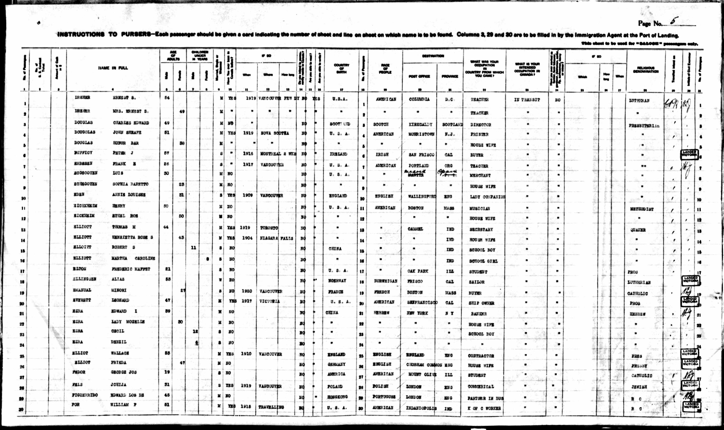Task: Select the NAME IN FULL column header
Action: (113, 68)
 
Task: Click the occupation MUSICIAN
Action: (480, 209)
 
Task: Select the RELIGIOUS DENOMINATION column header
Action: (646, 70)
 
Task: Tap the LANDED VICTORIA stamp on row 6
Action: (689, 155)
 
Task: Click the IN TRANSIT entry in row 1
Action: (527, 100)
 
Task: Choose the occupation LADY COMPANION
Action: (487, 197)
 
